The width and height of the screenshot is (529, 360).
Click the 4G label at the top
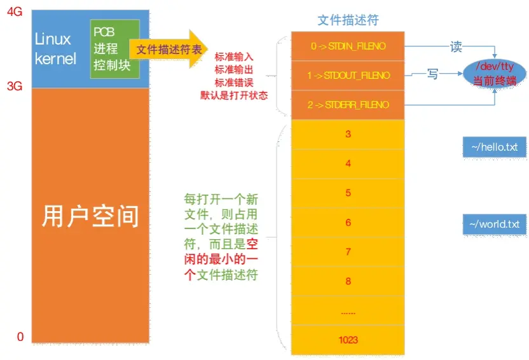15,11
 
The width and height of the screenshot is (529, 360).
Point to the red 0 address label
20,336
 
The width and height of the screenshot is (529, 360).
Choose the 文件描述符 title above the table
348,20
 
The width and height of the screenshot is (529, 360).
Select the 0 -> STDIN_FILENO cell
347,46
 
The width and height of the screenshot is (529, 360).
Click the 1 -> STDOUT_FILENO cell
347,76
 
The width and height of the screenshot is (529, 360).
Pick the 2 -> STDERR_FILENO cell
347,105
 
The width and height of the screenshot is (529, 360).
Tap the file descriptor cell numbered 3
348,134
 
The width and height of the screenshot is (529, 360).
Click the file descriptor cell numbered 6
348,223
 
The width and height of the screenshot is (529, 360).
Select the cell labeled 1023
348,340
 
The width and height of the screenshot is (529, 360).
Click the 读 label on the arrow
455,47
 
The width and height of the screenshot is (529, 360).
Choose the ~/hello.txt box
494,148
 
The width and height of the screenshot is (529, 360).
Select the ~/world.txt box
494,225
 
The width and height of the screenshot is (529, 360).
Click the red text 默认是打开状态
234,96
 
